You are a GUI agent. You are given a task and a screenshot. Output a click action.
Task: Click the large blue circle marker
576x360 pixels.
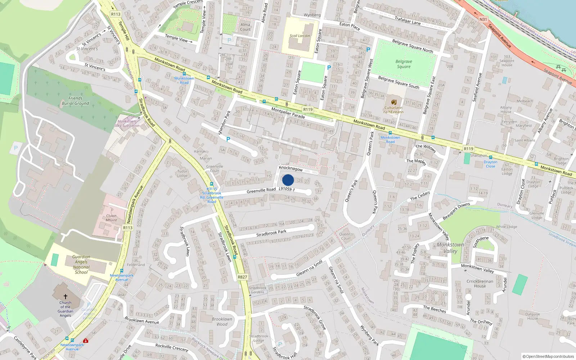(288, 180)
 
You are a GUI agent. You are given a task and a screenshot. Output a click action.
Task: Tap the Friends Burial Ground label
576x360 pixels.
(75, 101)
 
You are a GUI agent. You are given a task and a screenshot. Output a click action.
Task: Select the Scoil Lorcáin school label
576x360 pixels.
(300, 36)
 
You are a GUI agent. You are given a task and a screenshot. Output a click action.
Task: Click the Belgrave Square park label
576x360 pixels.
(404, 64)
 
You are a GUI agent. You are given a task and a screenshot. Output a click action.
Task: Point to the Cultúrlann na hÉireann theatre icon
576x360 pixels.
(393, 102)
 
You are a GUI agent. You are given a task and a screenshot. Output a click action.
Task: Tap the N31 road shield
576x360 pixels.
(483, 19)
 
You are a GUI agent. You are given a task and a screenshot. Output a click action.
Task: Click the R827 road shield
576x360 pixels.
(242, 277)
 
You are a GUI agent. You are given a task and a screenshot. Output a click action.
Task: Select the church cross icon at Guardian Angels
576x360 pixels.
(66, 296)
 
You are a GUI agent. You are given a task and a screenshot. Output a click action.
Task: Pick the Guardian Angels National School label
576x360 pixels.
(81, 265)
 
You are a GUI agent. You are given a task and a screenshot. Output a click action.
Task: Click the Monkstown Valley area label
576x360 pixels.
(450, 248)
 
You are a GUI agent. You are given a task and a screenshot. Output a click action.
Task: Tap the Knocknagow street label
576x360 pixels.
(291, 168)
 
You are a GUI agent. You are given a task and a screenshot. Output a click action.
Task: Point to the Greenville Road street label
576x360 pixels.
(261, 190)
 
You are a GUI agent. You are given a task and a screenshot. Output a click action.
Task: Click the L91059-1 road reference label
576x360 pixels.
(287, 189)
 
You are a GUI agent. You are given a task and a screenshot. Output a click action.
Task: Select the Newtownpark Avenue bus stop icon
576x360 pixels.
(122, 271)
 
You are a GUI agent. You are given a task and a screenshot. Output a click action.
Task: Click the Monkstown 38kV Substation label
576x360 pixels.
(127, 123)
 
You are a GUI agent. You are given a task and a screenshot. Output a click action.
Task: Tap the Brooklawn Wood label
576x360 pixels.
(222, 321)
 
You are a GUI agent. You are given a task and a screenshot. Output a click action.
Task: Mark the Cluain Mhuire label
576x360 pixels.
(111, 218)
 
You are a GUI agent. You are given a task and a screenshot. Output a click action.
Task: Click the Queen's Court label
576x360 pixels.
(346, 236)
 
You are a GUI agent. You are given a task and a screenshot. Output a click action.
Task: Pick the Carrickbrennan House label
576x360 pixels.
(480, 284)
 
